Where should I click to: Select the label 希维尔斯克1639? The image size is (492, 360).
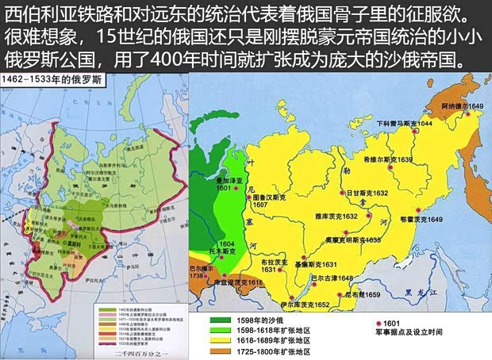pos(387,159)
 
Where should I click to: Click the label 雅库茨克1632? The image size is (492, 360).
pos(336,216)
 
